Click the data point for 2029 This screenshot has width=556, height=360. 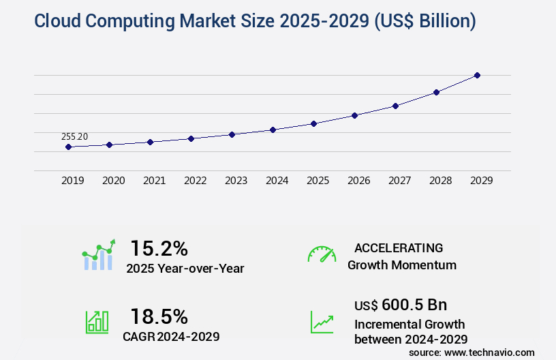(x=477, y=75)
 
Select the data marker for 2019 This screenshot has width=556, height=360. (x=68, y=147)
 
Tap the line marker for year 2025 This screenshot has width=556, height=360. (x=313, y=123)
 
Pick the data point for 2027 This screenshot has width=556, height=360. (x=395, y=106)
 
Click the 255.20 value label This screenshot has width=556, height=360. (x=74, y=137)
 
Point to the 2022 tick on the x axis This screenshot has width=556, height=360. (x=195, y=181)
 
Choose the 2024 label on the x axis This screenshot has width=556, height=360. (x=277, y=181)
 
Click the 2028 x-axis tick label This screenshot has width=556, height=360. (x=440, y=181)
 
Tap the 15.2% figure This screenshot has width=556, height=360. (x=159, y=247)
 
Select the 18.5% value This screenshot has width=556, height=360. (x=159, y=316)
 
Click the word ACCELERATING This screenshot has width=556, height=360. (x=399, y=247)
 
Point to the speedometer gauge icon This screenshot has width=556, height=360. (x=322, y=254)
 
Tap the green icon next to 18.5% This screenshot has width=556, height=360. (x=97, y=322)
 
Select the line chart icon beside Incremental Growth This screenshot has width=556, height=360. (x=322, y=322)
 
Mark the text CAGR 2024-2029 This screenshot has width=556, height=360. (x=172, y=336)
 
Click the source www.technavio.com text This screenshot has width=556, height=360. (x=472, y=352)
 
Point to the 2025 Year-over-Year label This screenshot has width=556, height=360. (x=185, y=268)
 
